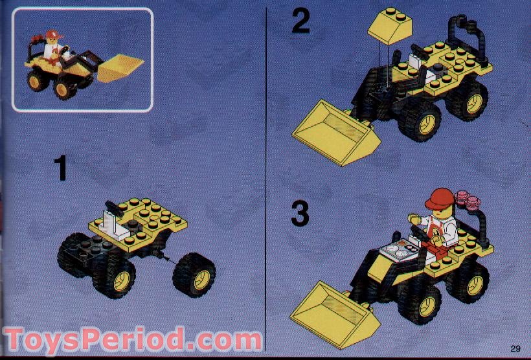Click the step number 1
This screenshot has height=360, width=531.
pyautogui.click(x=60, y=168)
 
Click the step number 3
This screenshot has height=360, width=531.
pyautogui.click(x=299, y=214)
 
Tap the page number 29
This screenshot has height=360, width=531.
pyautogui.click(x=515, y=348)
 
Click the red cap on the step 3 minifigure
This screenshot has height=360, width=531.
pyautogui.click(x=438, y=198)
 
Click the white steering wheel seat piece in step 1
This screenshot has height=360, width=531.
pyautogui.click(x=111, y=220)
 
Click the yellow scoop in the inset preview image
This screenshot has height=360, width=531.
pyautogui.click(x=119, y=67)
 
